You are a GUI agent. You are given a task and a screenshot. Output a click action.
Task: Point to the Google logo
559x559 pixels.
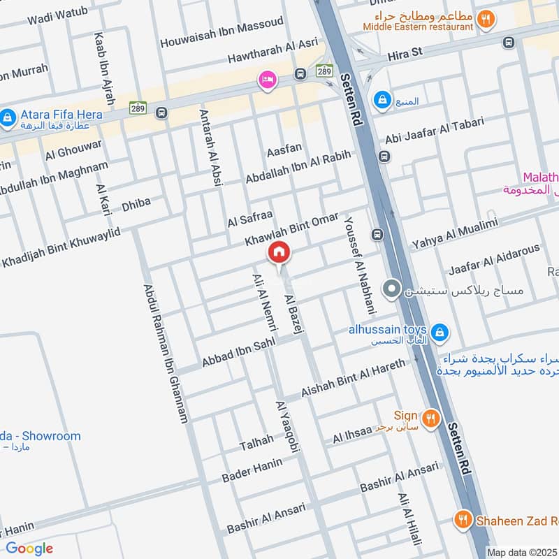(x=29, y=549)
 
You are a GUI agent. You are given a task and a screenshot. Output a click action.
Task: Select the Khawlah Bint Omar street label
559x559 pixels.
(x=291, y=228)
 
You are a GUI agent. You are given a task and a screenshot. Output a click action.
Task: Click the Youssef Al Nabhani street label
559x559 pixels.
(x=358, y=265)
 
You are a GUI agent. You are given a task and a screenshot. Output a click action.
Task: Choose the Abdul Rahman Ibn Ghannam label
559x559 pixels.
(x=166, y=353)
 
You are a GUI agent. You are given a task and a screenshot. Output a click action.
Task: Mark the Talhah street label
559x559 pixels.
(x=256, y=442)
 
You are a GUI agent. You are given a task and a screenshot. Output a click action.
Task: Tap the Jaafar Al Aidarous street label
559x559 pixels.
(x=494, y=259)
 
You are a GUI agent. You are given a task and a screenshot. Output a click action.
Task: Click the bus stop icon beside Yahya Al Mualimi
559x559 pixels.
(x=378, y=235)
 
